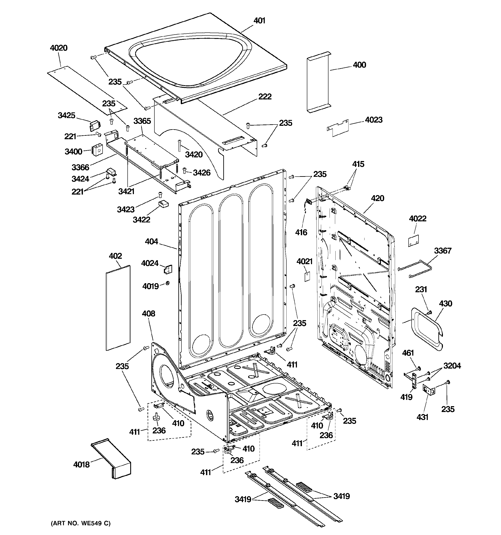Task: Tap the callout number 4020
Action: [x=59, y=48]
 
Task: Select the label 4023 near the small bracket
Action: [x=374, y=120]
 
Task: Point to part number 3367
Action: [x=442, y=251]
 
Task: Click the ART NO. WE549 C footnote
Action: [x=81, y=523]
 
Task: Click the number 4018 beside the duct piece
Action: [x=81, y=465]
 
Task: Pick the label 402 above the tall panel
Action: [x=115, y=256]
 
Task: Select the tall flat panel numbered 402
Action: [x=118, y=308]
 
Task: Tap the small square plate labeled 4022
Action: [x=413, y=240]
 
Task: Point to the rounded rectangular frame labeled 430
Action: [x=426, y=329]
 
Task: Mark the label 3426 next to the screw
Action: [x=201, y=172]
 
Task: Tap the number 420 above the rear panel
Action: [x=377, y=198]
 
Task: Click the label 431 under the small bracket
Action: [x=422, y=417]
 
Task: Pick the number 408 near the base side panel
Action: [x=148, y=313]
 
